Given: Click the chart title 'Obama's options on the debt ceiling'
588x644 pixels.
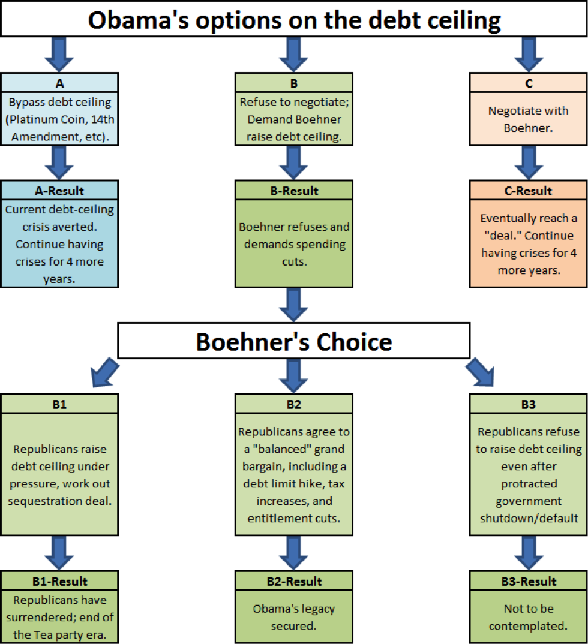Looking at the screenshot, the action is tap(294, 20).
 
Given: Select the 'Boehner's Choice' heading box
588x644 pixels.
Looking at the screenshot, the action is tap(294, 341).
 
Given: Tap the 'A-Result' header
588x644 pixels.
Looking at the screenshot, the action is tap(59, 191).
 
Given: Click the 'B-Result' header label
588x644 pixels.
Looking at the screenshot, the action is tap(294, 191).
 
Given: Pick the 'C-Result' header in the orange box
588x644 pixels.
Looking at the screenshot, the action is tap(529, 191).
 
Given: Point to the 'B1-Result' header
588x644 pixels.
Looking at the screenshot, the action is tap(59, 582).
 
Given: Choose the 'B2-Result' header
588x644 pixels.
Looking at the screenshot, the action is tap(294, 582).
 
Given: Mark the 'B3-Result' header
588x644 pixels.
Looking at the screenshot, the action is tap(529, 582).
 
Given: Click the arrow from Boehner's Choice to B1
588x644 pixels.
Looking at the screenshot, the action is tap(105, 372).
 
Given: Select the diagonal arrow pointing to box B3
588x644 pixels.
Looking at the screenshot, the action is tap(480, 372).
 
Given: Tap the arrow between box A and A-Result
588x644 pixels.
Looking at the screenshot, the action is tap(59, 162).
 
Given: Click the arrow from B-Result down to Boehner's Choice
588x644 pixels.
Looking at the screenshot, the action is tap(293, 305).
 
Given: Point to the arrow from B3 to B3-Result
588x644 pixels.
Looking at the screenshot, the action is tap(529, 553).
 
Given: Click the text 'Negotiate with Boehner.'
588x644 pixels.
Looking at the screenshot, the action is tap(529, 119).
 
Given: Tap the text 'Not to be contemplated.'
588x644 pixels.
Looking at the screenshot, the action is tap(529, 617).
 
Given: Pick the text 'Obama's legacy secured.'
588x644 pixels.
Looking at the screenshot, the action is tap(294, 617).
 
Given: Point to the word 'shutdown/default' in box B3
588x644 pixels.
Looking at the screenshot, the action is tap(529, 519).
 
